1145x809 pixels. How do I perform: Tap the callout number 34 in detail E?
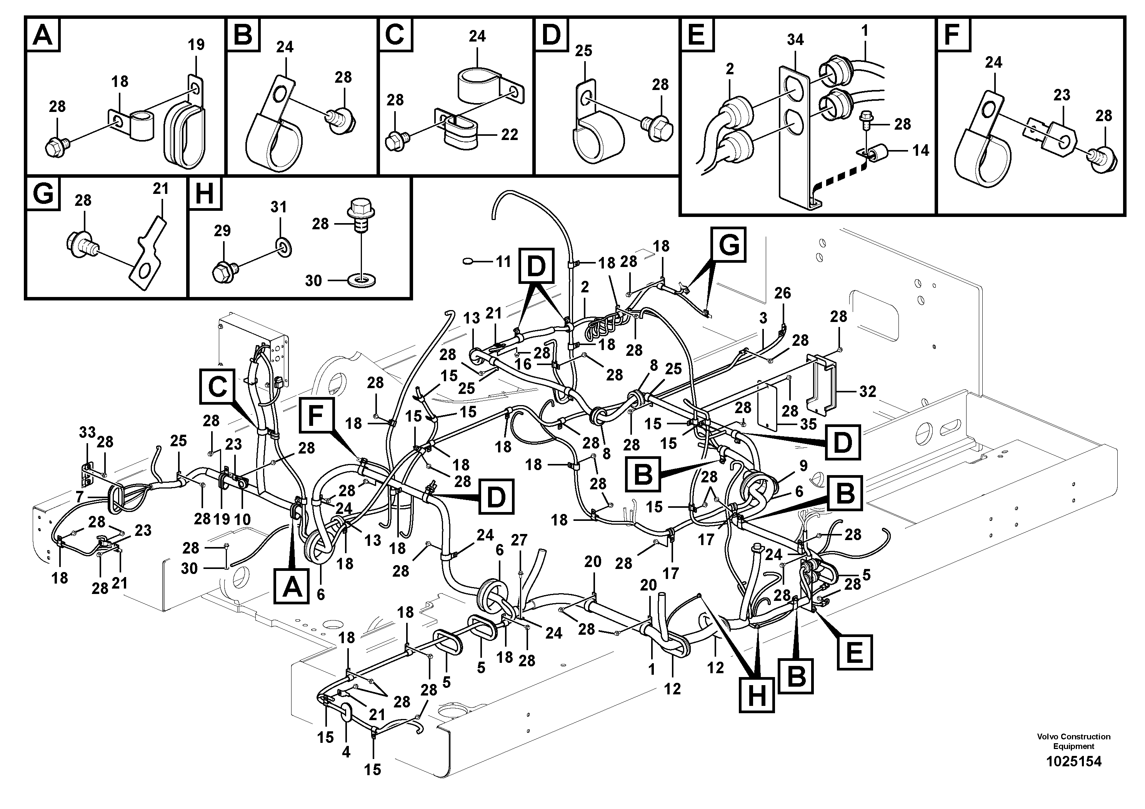tap(795, 39)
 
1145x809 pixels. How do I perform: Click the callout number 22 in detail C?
tap(509, 135)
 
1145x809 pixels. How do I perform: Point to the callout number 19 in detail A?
tap(196, 45)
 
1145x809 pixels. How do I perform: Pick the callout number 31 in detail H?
tap(279, 207)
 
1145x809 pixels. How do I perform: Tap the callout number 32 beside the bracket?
tap(867, 392)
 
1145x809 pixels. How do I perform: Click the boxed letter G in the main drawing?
tap(728, 245)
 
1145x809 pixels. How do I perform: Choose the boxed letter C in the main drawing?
tap(217, 386)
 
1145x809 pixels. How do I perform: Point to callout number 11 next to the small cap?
tap(503, 261)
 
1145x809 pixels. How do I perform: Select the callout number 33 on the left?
tap(87, 432)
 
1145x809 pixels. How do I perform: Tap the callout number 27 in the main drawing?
tap(519, 540)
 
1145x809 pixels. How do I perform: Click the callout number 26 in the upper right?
tap(782, 293)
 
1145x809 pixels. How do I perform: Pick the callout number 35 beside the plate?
tap(808, 424)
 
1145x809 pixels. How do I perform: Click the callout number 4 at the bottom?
tap(346, 752)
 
